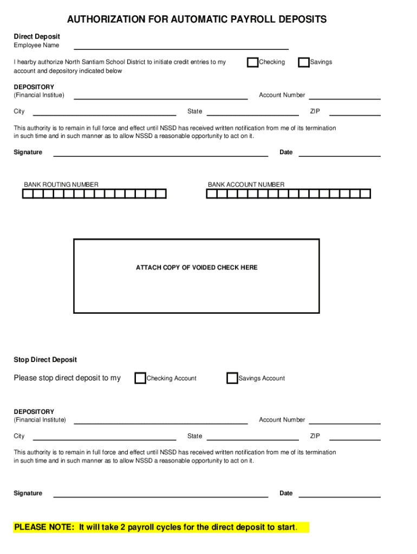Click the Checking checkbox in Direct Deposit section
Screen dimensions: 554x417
[x=252, y=62]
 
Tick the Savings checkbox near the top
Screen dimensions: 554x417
[x=304, y=62]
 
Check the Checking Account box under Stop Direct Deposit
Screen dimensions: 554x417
[x=140, y=378]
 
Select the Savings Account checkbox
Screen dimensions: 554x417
[x=232, y=378]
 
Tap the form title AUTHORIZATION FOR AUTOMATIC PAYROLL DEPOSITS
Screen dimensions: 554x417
[x=197, y=20]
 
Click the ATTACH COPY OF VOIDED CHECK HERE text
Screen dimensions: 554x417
[x=197, y=268]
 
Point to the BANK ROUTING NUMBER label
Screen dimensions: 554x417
[x=61, y=185]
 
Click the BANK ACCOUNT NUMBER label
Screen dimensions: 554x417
[x=246, y=185]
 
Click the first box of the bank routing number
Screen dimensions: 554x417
[x=28, y=194]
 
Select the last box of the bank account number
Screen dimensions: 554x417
[x=366, y=194]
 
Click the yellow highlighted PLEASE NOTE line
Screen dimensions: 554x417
[x=155, y=527]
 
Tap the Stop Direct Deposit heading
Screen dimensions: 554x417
[x=45, y=360]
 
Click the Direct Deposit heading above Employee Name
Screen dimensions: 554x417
[x=37, y=37]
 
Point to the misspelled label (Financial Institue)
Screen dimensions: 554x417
[x=39, y=95]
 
